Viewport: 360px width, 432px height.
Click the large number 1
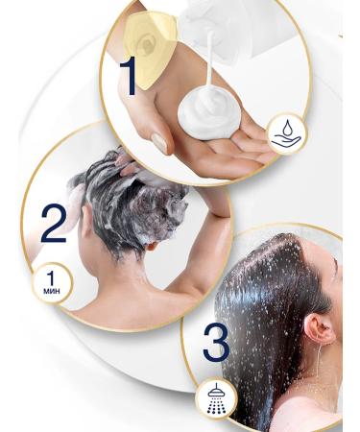tap(128, 76)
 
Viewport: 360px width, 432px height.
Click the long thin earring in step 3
tap(320, 370)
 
